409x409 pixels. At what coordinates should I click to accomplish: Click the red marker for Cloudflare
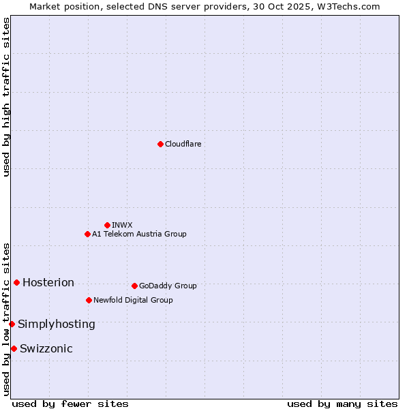(x=160, y=144)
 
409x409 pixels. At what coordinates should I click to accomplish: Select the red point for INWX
(x=107, y=225)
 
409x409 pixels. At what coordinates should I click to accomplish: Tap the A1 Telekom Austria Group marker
(x=87, y=234)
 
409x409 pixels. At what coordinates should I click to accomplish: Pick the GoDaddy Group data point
(x=134, y=286)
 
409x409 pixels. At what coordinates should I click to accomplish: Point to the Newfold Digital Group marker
(x=89, y=300)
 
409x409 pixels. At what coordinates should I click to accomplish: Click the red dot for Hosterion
(x=16, y=282)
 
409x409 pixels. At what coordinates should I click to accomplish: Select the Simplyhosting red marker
(x=12, y=324)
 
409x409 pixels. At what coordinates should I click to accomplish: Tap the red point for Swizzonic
(x=14, y=348)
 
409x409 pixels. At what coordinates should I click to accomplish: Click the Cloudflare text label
(x=183, y=144)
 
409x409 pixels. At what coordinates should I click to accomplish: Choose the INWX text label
(x=122, y=225)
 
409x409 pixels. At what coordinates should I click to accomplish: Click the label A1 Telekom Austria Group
(x=139, y=234)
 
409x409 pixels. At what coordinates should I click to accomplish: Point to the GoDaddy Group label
(x=168, y=286)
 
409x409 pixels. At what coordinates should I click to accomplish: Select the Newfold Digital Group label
(x=133, y=300)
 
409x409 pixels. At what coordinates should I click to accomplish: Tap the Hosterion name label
(x=48, y=283)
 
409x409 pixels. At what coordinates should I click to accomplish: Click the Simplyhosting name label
(x=57, y=324)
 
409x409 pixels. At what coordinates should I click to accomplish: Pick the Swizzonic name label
(x=46, y=349)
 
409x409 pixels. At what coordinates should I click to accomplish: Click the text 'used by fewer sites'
(x=70, y=404)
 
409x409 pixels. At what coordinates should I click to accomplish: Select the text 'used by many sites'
(x=342, y=404)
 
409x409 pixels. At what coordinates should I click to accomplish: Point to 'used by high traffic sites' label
(x=6, y=97)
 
